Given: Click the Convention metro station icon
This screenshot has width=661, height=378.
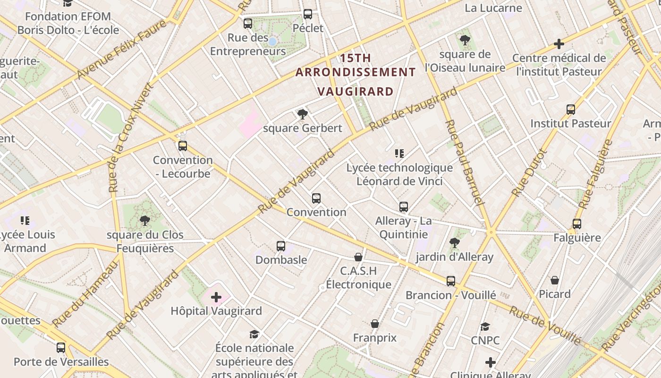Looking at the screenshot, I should (316, 198).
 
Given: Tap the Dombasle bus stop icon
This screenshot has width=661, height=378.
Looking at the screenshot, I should (281, 246).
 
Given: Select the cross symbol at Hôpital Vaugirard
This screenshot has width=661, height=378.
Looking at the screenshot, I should (216, 297).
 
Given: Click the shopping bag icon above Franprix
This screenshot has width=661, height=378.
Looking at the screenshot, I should (375, 324).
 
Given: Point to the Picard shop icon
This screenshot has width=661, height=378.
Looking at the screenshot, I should (555, 280).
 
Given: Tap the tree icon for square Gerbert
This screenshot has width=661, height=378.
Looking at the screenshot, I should (303, 114).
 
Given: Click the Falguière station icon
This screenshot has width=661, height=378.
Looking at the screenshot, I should (576, 224).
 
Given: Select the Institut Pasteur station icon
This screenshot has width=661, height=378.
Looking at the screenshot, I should (571, 110).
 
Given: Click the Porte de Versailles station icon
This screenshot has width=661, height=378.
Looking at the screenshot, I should (61, 348).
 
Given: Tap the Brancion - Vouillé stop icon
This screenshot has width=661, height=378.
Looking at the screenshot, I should (451, 281).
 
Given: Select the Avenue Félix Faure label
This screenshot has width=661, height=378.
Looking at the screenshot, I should (121, 49).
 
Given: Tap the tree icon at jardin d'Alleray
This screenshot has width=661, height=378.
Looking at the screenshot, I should (454, 243).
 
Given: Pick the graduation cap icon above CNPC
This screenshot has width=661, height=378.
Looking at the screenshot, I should (485, 327).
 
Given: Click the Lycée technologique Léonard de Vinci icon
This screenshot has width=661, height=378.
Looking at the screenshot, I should (399, 154).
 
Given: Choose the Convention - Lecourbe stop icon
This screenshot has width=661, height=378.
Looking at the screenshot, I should (183, 146).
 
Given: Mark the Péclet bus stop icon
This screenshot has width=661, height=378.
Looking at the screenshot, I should (308, 14).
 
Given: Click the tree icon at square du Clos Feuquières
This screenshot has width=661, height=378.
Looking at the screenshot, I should (144, 220).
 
